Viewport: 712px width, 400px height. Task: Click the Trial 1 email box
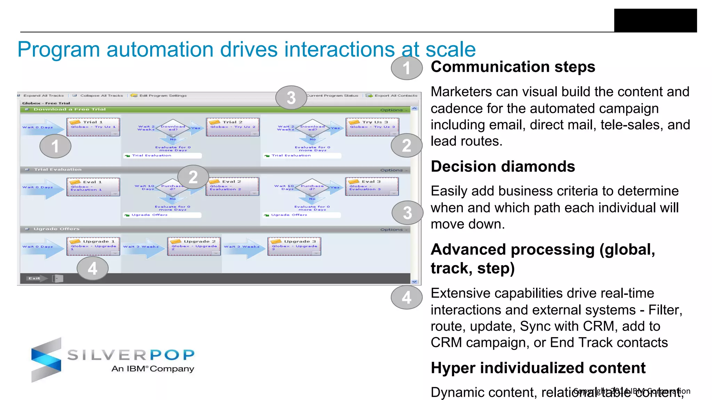click(93, 127)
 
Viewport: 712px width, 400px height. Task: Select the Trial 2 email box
click(233, 127)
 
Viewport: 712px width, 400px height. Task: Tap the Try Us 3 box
click(372, 127)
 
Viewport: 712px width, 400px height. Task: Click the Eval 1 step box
click(93, 187)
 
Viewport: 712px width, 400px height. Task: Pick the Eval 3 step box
click(372, 186)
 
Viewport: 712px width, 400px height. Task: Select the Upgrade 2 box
click(194, 246)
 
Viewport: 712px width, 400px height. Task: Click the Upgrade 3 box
click(294, 246)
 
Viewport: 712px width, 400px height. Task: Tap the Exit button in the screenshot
click(34, 278)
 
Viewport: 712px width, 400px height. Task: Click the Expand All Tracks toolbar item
click(43, 95)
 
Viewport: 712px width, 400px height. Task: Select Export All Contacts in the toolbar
click(395, 95)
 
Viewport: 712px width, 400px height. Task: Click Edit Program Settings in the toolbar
click(162, 95)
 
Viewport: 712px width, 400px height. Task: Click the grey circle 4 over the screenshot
click(92, 268)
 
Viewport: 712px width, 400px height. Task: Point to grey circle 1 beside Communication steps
click(406, 68)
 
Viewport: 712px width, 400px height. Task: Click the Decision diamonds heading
click(502, 167)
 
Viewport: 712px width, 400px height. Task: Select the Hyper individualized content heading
click(538, 368)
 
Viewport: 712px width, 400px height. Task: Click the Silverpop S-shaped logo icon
click(47, 360)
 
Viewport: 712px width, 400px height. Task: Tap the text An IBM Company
click(153, 369)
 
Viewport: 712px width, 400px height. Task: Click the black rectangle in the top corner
click(655, 20)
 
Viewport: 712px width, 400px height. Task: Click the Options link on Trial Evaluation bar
click(393, 170)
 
